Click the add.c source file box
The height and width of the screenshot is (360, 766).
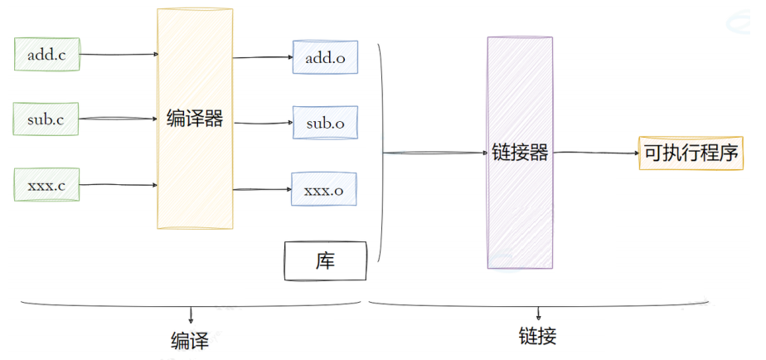click(x=46, y=56)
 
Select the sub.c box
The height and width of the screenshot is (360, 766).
click(x=46, y=121)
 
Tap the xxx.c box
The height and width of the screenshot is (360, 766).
click(x=46, y=185)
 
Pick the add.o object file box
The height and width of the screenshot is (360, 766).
click(x=325, y=57)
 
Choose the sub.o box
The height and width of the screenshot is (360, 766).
click(x=325, y=123)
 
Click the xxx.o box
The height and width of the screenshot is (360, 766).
click(x=323, y=189)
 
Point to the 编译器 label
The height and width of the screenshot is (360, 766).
click(x=195, y=119)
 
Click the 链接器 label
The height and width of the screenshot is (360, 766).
click(x=520, y=153)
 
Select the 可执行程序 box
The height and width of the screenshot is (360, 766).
click(x=691, y=153)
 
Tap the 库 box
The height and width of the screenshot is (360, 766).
click(x=325, y=262)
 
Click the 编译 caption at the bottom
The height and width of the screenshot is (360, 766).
click(x=191, y=339)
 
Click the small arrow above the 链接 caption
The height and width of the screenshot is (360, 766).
click(x=539, y=314)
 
